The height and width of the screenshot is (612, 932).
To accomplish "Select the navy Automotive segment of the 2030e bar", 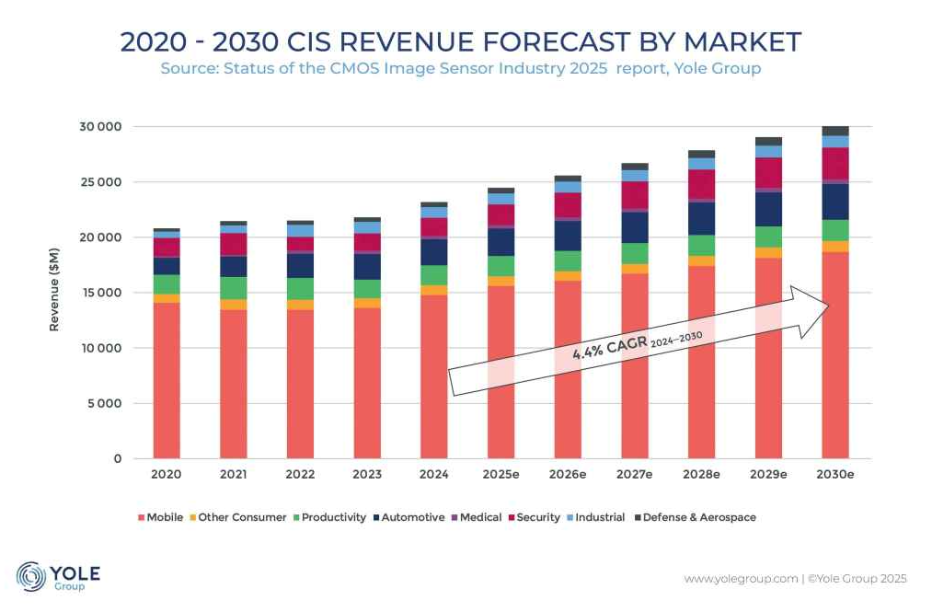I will pyautogui.click(x=834, y=202).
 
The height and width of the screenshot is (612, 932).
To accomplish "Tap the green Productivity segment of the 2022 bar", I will pyautogui.click(x=300, y=289).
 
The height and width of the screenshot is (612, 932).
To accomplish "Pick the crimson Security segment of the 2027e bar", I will pyautogui.click(x=634, y=195).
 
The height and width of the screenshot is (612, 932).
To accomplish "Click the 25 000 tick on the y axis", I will pyautogui.click(x=99, y=182).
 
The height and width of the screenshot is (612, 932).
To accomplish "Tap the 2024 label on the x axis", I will pyautogui.click(x=433, y=474).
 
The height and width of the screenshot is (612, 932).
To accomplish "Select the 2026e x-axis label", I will pyautogui.click(x=568, y=474).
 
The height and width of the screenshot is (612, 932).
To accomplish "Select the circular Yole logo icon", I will pyautogui.click(x=31, y=577).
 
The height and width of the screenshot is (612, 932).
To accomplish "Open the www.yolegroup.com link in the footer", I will pyautogui.click(x=741, y=579).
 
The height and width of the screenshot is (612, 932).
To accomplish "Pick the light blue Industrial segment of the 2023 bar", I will pyautogui.click(x=367, y=227).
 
